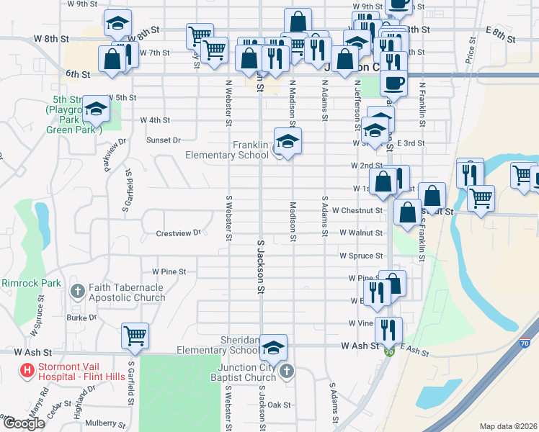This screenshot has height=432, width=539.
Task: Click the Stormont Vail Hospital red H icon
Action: pyautogui.click(x=27, y=372)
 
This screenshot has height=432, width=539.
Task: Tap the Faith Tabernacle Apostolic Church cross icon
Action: pyautogui.click(x=78, y=292)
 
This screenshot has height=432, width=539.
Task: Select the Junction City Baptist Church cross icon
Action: pyautogui.click(x=286, y=372)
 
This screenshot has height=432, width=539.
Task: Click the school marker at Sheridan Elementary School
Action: pyautogui.click(x=273, y=347)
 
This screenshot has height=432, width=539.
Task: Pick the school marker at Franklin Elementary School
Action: pyautogui.click(x=288, y=140)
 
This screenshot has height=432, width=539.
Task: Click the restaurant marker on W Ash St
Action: pyautogui.click(x=388, y=330)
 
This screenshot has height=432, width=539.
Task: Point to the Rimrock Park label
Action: pyautogui.click(x=31, y=283)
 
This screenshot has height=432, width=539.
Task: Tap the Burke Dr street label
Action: pyautogui.click(x=81, y=317)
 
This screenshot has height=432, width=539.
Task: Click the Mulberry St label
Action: pyautogui.click(x=104, y=424)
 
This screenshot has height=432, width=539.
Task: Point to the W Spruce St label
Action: pyautogui.click(x=362, y=256)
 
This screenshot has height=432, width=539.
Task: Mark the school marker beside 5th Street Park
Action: pyautogui.click(x=94, y=109)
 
